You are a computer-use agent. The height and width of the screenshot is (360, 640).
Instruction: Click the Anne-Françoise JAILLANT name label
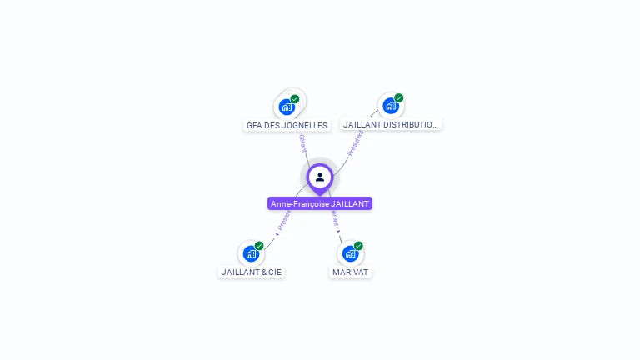[320, 203]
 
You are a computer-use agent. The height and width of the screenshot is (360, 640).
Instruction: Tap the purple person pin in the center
[320, 177]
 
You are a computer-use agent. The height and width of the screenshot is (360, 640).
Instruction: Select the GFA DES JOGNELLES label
[287, 125]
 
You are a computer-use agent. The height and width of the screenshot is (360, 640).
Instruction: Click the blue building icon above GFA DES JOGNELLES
[287, 107]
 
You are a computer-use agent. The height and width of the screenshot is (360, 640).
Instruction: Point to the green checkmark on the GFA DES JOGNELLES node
[295, 99]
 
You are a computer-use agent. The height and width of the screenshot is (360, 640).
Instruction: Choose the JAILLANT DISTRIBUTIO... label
[390, 124]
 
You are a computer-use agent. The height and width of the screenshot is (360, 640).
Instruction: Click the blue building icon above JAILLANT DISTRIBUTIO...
[390, 106]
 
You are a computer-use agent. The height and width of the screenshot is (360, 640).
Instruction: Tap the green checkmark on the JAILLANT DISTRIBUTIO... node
[399, 98]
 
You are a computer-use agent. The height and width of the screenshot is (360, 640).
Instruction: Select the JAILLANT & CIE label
[252, 272]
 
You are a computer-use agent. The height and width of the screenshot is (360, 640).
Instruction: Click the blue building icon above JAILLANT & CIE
[250, 253]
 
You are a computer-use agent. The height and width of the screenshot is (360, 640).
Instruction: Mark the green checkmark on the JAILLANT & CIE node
[259, 246]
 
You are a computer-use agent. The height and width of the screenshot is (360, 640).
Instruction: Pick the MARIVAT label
[350, 272]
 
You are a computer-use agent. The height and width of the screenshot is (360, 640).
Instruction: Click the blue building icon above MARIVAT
[350, 253]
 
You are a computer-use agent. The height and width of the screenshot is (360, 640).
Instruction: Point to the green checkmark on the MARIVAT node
[358, 246]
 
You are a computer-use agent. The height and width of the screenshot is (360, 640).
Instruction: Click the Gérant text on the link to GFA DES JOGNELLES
[303, 142]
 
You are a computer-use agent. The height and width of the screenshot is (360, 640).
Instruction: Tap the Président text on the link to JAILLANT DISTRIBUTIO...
[356, 142]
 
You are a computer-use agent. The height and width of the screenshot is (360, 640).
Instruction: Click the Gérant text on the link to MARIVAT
[335, 219]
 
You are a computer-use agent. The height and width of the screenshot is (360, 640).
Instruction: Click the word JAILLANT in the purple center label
[350, 203]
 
